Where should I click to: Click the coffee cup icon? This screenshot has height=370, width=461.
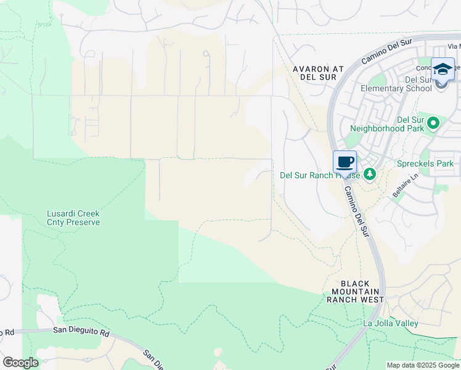point(345,162)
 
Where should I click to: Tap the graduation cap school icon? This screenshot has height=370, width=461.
point(443,69)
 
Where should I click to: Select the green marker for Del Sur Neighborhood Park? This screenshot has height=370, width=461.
point(433,123)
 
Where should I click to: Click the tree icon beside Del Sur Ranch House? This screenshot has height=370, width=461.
point(369,175)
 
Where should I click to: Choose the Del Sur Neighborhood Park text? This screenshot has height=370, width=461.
point(385,124)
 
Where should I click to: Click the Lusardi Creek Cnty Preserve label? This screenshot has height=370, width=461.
point(73,218)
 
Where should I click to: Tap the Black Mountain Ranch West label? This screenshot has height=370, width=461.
point(355,290)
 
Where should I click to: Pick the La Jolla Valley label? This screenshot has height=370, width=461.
point(391,323)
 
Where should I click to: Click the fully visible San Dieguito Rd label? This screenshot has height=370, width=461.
point(81,331)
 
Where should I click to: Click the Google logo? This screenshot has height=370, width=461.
point(20,363)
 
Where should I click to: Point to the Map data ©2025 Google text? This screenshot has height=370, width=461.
point(422,365)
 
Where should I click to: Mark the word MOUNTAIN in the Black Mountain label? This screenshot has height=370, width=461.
point(355,290)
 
